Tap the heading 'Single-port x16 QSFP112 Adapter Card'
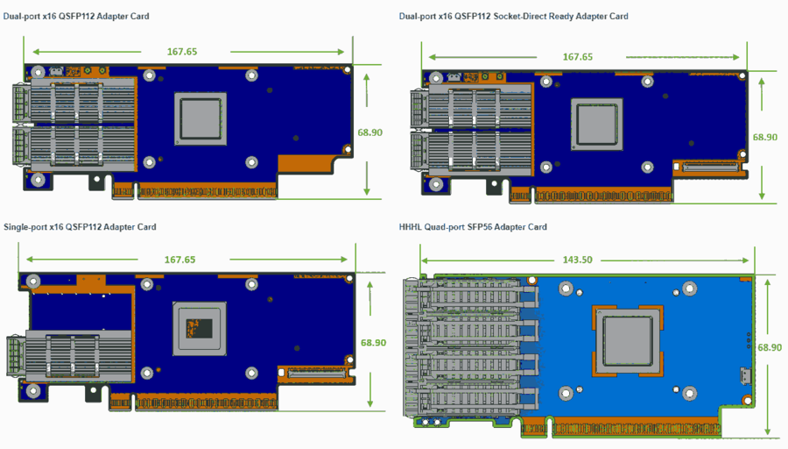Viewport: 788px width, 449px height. click(x=80, y=227)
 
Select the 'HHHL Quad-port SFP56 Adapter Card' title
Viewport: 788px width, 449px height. click(x=473, y=227)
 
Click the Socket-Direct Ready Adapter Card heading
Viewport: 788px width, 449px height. click(x=513, y=17)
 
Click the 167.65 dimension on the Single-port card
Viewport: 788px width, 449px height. click(x=179, y=260)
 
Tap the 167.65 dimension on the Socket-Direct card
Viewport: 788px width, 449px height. click(x=577, y=57)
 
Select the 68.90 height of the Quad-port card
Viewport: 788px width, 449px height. click(x=770, y=347)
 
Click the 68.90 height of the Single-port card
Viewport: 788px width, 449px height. click(x=372, y=342)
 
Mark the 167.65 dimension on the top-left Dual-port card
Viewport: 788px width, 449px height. click(x=182, y=52)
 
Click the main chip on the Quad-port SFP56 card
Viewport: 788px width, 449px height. click(x=628, y=338)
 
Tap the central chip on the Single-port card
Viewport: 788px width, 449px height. click(x=201, y=328)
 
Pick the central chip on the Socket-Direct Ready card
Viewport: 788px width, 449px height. click(x=598, y=122)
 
